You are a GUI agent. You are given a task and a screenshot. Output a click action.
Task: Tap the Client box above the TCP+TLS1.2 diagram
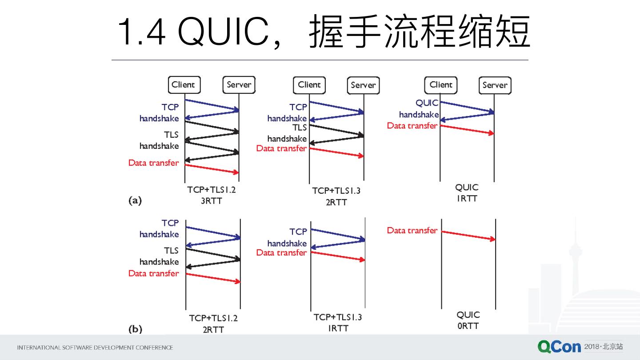pyautogui.click(x=183, y=85)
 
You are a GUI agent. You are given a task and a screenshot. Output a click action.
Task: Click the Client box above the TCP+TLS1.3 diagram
pyautogui.click(x=309, y=85)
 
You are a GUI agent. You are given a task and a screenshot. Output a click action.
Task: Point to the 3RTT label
pyautogui.click(x=211, y=201)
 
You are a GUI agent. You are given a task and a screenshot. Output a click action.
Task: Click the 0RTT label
pyautogui.click(x=468, y=326)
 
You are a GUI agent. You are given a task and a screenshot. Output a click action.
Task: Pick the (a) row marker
pyautogui.click(x=135, y=201)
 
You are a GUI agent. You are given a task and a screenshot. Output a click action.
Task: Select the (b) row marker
pyautogui.click(x=135, y=329)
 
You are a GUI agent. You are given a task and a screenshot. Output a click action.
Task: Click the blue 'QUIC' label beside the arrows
pyautogui.click(x=427, y=103)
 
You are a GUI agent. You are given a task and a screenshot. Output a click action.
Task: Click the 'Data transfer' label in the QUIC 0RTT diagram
pyautogui.click(x=412, y=230)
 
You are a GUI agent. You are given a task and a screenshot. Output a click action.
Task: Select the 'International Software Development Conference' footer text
pyautogui.click(x=95, y=348)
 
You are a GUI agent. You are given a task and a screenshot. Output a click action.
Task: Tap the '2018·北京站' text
pyautogui.click(x=603, y=347)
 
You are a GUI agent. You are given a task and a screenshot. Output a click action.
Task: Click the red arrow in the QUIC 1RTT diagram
pyautogui.click(x=467, y=129)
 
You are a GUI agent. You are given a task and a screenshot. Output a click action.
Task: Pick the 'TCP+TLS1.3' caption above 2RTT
pyautogui.click(x=336, y=191)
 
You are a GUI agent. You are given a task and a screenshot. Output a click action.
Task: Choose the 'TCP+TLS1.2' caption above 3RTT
pyautogui.click(x=211, y=190)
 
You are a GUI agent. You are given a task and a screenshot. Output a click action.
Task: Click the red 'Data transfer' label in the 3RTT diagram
pyautogui.click(x=153, y=163)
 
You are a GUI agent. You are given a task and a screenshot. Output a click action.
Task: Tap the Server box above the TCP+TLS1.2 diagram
pyautogui.click(x=239, y=85)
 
